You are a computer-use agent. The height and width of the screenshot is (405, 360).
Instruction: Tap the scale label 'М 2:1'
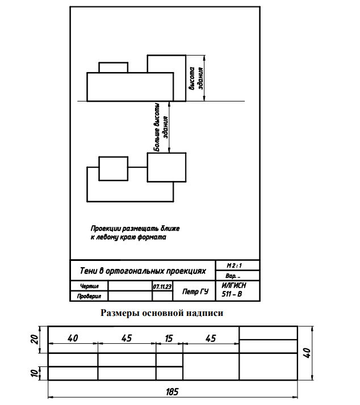click(x=235, y=265)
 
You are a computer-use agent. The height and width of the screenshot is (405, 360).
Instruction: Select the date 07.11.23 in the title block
click(x=162, y=287)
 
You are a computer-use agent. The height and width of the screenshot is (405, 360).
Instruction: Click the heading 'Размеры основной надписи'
click(x=162, y=313)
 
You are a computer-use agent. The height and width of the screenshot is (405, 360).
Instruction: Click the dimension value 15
click(x=169, y=338)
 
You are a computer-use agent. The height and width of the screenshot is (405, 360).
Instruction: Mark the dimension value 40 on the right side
click(x=307, y=353)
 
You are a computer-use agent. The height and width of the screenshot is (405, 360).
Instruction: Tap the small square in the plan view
click(x=113, y=168)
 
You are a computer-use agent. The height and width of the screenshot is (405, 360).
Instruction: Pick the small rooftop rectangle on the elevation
click(x=113, y=67)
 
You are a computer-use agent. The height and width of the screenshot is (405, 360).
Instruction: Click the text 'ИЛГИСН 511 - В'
click(x=233, y=290)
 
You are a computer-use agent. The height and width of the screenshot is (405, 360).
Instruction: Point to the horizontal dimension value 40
click(x=73, y=338)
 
